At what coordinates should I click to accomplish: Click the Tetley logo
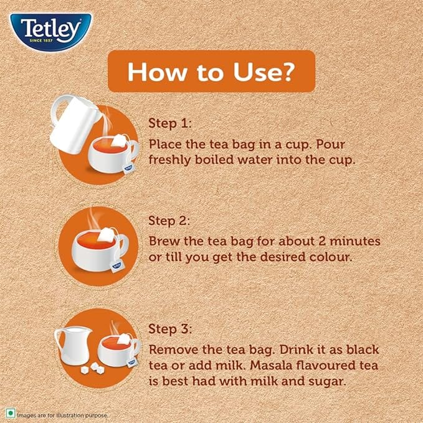[x=51, y=31]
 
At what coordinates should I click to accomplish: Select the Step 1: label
[x=169, y=123]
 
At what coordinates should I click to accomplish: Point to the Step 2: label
[x=169, y=221]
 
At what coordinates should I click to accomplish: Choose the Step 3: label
[x=170, y=329]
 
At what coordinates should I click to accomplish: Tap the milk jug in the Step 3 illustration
[x=72, y=345]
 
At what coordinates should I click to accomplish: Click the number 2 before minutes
[x=322, y=241]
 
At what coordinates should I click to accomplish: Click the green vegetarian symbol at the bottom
[x=11, y=413]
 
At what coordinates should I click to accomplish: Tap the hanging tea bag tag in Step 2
[x=116, y=266]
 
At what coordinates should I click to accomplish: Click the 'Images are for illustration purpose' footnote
[x=62, y=415]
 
